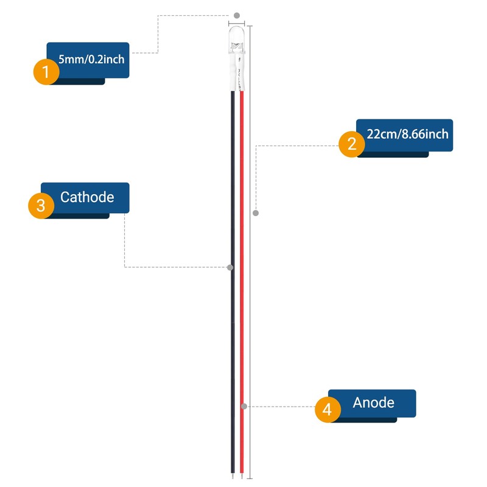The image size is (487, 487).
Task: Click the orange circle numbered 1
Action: click(46, 72)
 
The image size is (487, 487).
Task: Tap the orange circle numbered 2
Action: click(352, 144)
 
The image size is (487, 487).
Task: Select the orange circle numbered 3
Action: click(41, 206)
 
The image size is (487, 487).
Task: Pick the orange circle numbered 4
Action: click(328, 409)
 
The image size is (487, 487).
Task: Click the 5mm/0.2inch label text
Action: click(91, 59)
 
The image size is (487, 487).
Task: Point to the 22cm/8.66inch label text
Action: click(407, 134)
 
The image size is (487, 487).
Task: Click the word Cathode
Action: click(87, 197)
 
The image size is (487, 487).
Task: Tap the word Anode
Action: click(373, 402)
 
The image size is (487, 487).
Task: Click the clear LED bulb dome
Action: click(237, 39)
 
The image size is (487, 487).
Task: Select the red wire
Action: click(242, 282)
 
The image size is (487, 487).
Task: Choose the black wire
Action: click(233, 282)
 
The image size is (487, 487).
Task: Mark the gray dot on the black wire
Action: click(230, 267)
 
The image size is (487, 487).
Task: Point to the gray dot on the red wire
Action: click(244, 406)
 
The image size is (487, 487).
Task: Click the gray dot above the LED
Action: click(237, 16)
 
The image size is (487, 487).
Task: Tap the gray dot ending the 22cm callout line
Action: click(256, 213)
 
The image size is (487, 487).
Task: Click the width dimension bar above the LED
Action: click(236, 23)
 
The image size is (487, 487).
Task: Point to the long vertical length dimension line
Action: click(250, 252)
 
